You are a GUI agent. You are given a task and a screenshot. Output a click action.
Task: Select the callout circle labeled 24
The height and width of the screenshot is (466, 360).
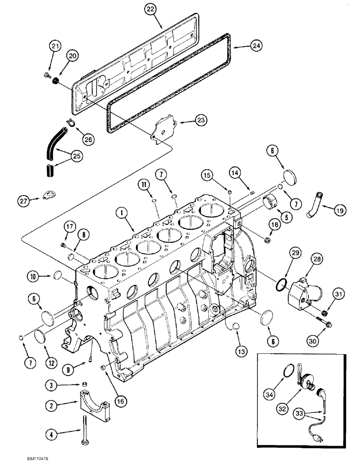256,46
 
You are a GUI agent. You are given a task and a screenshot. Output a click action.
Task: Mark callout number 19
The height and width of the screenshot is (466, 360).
340,211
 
